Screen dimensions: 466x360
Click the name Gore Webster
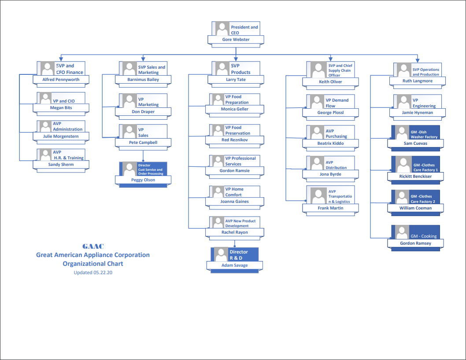tap(236, 40)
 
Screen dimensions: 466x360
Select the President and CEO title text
tap(244, 30)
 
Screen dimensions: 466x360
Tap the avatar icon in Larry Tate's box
tap(222, 69)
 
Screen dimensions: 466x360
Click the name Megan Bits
tap(61, 108)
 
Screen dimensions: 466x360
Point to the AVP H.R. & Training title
tap(68, 155)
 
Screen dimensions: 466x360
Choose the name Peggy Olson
tap(143, 180)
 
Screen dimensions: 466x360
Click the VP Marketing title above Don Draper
tap(148, 102)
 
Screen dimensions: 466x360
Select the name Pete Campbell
tap(143, 143)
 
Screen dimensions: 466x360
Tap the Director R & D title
tap(239, 255)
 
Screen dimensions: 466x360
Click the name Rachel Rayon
tap(234, 232)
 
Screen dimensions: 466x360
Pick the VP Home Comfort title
tap(234, 192)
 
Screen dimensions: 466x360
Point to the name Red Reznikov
tap(234, 140)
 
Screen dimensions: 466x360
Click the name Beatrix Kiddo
tap(330, 143)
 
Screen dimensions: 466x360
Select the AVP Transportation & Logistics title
tap(340, 196)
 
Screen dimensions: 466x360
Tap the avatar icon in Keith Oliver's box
tap(318, 70)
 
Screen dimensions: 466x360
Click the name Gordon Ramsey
tap(415, 243)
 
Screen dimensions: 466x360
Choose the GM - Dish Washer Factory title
tap(424, 135)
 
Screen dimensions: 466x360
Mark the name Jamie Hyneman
tap(417, 113)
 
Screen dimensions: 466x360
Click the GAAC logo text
tap(93, 246)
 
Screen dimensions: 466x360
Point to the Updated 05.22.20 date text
tap(93, 272)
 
